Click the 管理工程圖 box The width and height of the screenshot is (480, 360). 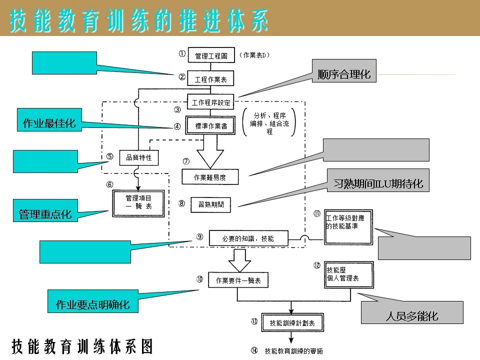(x=211, y=55)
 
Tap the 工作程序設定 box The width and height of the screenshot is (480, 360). (x=211, y=102)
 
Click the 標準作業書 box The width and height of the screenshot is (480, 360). (x=210, y=126)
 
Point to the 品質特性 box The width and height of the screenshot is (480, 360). (x=139, y=158)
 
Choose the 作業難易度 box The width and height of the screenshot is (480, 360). (x=209, y=177)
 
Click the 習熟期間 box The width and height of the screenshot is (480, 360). (x=214, y=204)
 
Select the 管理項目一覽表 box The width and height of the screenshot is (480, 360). (x=138, y=202)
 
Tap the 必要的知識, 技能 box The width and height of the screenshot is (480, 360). (x=248, y=238)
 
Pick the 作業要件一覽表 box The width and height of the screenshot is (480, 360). (x=238, y=280)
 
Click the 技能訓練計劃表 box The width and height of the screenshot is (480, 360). (x=292, y=322)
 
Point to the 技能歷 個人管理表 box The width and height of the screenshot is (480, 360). (x=348, y=274)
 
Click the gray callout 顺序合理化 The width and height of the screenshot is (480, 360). (x=344, y=74)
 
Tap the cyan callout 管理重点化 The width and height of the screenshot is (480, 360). (x=45, y=214)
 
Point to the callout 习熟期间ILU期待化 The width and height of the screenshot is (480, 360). (x=378, y=183)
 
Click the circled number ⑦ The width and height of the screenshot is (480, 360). (x=186, y=161)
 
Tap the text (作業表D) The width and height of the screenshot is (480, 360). (x=254, y=55)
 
